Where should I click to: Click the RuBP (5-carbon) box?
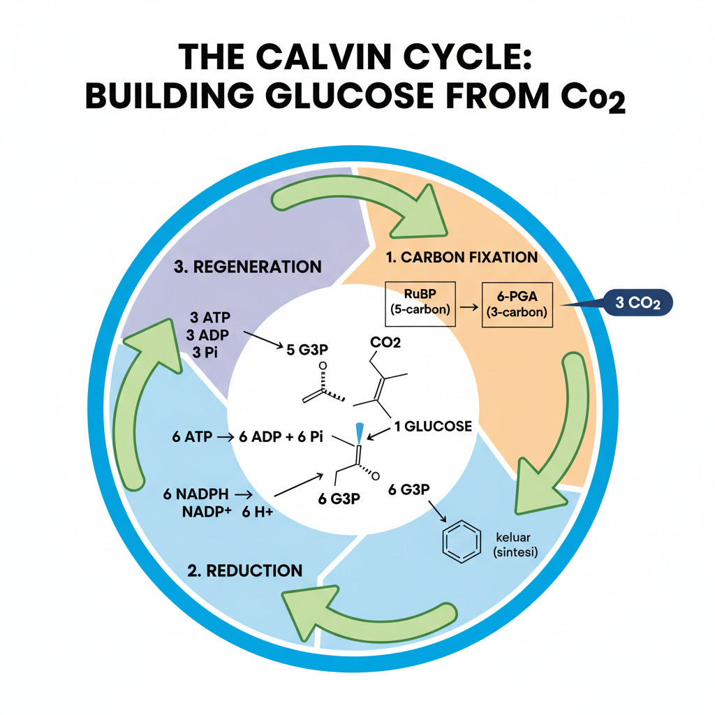click(420, 304)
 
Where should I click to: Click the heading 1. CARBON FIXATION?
click(462, 257)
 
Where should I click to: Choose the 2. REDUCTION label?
click(245, 570)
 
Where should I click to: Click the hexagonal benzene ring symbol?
click(462, 542)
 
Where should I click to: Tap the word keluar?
click(513, 538)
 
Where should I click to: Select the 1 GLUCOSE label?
click(433, 426)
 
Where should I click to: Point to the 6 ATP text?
click(191, 438)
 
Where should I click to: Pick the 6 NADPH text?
click(196, 494)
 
